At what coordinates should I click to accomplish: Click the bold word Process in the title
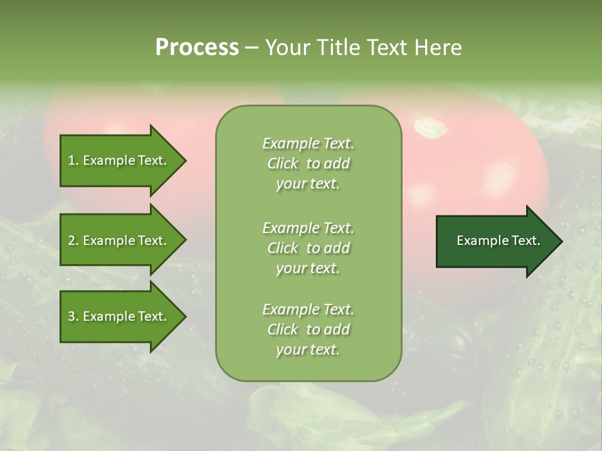pos(197,48)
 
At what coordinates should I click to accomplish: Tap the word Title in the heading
pos(338,48)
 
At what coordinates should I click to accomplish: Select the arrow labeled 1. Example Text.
pos(119,160)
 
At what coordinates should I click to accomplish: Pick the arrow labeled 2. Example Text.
pos(119,241)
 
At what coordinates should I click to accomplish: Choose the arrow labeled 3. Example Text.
pos(119,316)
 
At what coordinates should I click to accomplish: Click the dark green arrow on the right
pos(495,241)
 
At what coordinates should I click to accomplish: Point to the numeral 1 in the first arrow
pos(71,160)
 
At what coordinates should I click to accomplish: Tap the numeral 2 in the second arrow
pos(71,241)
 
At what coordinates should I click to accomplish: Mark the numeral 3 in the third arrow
pos(71,316)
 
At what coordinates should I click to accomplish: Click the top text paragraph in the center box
pos(308,163)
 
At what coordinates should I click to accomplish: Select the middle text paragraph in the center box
pos(308,248)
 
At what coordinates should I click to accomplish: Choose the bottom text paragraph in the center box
pos(308,329)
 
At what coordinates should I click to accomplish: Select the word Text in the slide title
pos(389,48)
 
